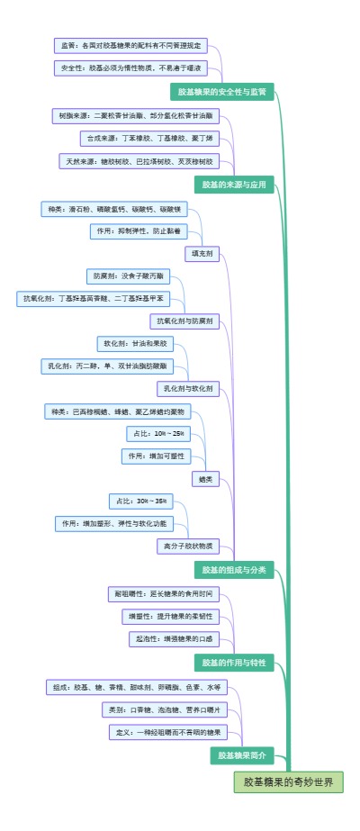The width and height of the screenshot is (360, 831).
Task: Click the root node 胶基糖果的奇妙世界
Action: [x=289, y=782]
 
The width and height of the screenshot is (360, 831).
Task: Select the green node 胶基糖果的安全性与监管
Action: [x=222, y=92]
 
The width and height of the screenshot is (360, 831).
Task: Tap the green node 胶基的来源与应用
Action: [x=235, y=184]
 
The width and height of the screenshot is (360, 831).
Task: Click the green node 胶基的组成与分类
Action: [x=234, y=569]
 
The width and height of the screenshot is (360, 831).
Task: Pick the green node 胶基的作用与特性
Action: [x=234, y=663]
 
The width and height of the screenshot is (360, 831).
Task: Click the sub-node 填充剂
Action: [x=202, y=254]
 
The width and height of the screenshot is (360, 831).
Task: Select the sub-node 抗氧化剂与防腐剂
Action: [x=184, y=321]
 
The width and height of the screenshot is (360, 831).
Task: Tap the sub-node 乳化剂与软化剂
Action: [x=188, y=389]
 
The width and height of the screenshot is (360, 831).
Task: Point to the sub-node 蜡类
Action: [x=205, y=479]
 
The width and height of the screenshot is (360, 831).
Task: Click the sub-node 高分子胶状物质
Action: [x=187, y=545]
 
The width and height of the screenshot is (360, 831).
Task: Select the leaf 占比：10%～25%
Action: [x=158, y=433]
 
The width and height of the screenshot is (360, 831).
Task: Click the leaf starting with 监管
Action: [x=131, y=45]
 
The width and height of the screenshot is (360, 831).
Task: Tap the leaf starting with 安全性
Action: [x=131, y=68]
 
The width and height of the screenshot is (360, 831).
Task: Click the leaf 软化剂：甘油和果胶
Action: [x=134, y=343]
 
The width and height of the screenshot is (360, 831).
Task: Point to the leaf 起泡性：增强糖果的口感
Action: [x=173, y=638]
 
